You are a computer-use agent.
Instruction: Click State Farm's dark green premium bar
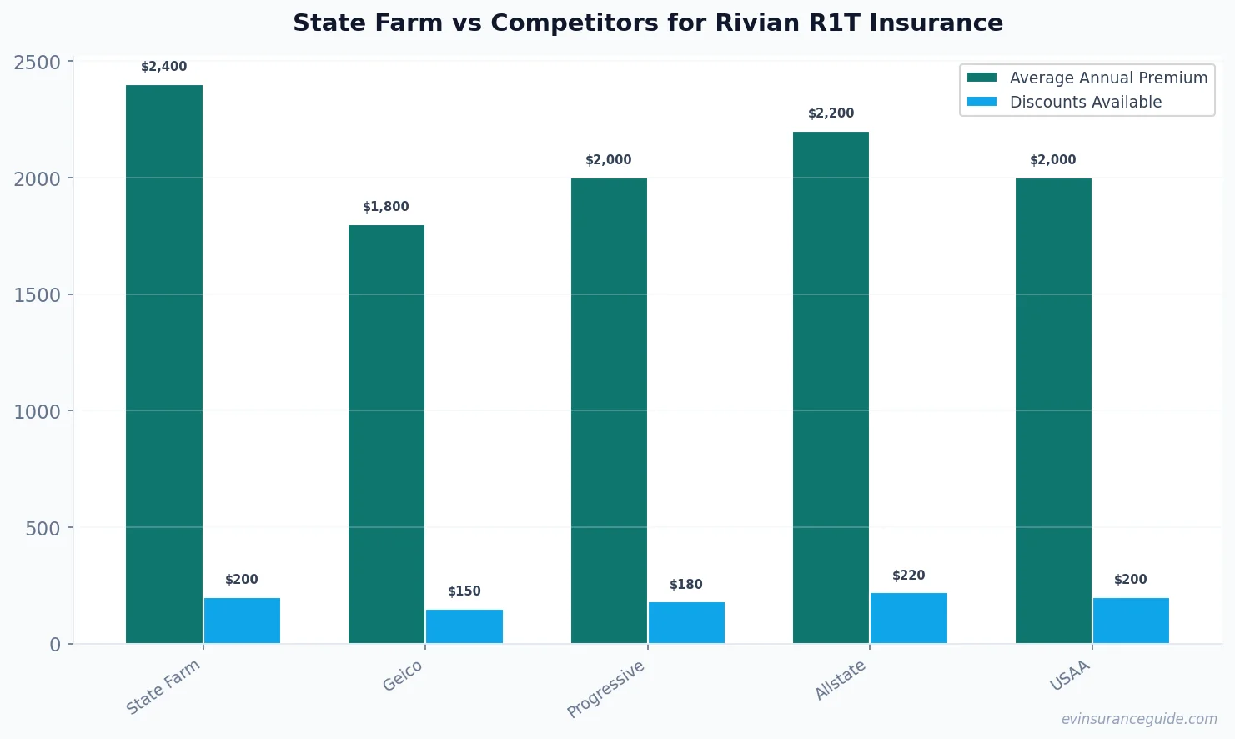[164, 364]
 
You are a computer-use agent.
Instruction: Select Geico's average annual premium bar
[386, 434]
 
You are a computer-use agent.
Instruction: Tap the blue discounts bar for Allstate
[908, 618]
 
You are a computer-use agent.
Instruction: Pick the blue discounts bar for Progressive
[686, 622]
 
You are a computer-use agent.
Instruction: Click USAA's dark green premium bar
[1053, 410]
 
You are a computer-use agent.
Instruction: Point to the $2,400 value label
[164, 67]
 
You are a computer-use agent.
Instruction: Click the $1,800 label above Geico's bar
[386, 207]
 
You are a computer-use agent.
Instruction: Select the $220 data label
[908, 576]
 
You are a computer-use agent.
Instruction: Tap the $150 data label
[464, 591]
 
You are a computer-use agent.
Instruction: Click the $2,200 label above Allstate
[831, 113]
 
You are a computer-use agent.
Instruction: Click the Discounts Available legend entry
[1085, 102]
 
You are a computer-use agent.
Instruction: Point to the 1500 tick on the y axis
[38, 295]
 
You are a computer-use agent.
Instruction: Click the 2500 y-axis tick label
[38, 63]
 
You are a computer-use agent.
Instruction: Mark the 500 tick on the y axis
[43, 528]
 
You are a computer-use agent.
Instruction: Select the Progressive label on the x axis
[605, 689]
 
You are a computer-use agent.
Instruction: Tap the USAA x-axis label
[1070, 676]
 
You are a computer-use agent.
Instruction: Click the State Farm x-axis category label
[163, 686]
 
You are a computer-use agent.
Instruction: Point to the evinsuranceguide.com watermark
[1138, 719]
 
